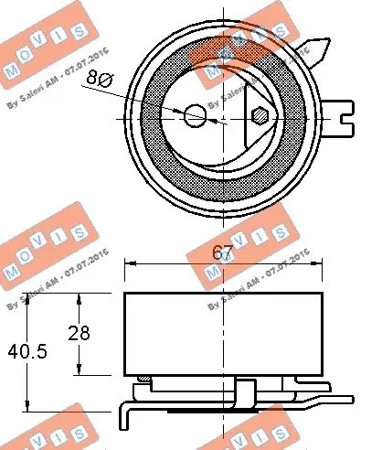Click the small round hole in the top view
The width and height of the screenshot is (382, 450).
click(x=195, y=116)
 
